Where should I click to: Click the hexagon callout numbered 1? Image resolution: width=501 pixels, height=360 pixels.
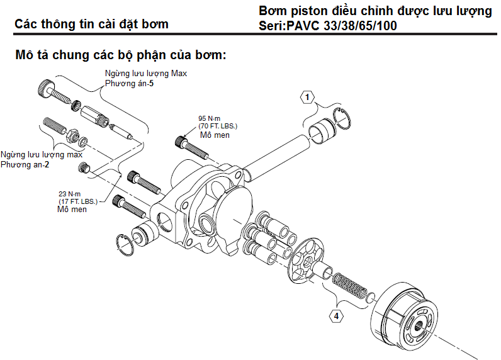coord(307,97)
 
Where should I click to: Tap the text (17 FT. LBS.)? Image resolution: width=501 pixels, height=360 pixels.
coord(78,201)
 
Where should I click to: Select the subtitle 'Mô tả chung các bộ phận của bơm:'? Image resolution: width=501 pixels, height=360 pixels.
coord(120,55)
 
